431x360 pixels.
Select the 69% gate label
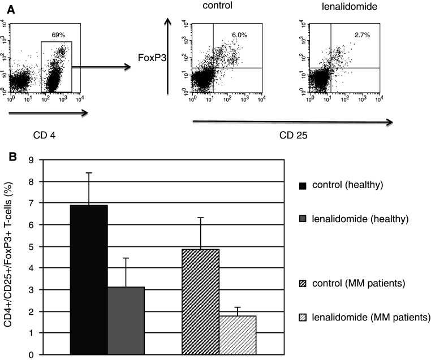tap(59, 35)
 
